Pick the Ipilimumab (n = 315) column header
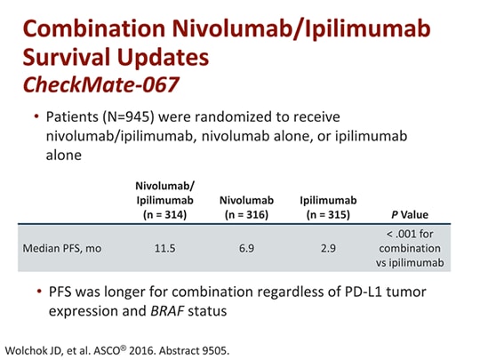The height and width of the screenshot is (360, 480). click(328, 207)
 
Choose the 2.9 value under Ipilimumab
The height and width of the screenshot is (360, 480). click(328, 248)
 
